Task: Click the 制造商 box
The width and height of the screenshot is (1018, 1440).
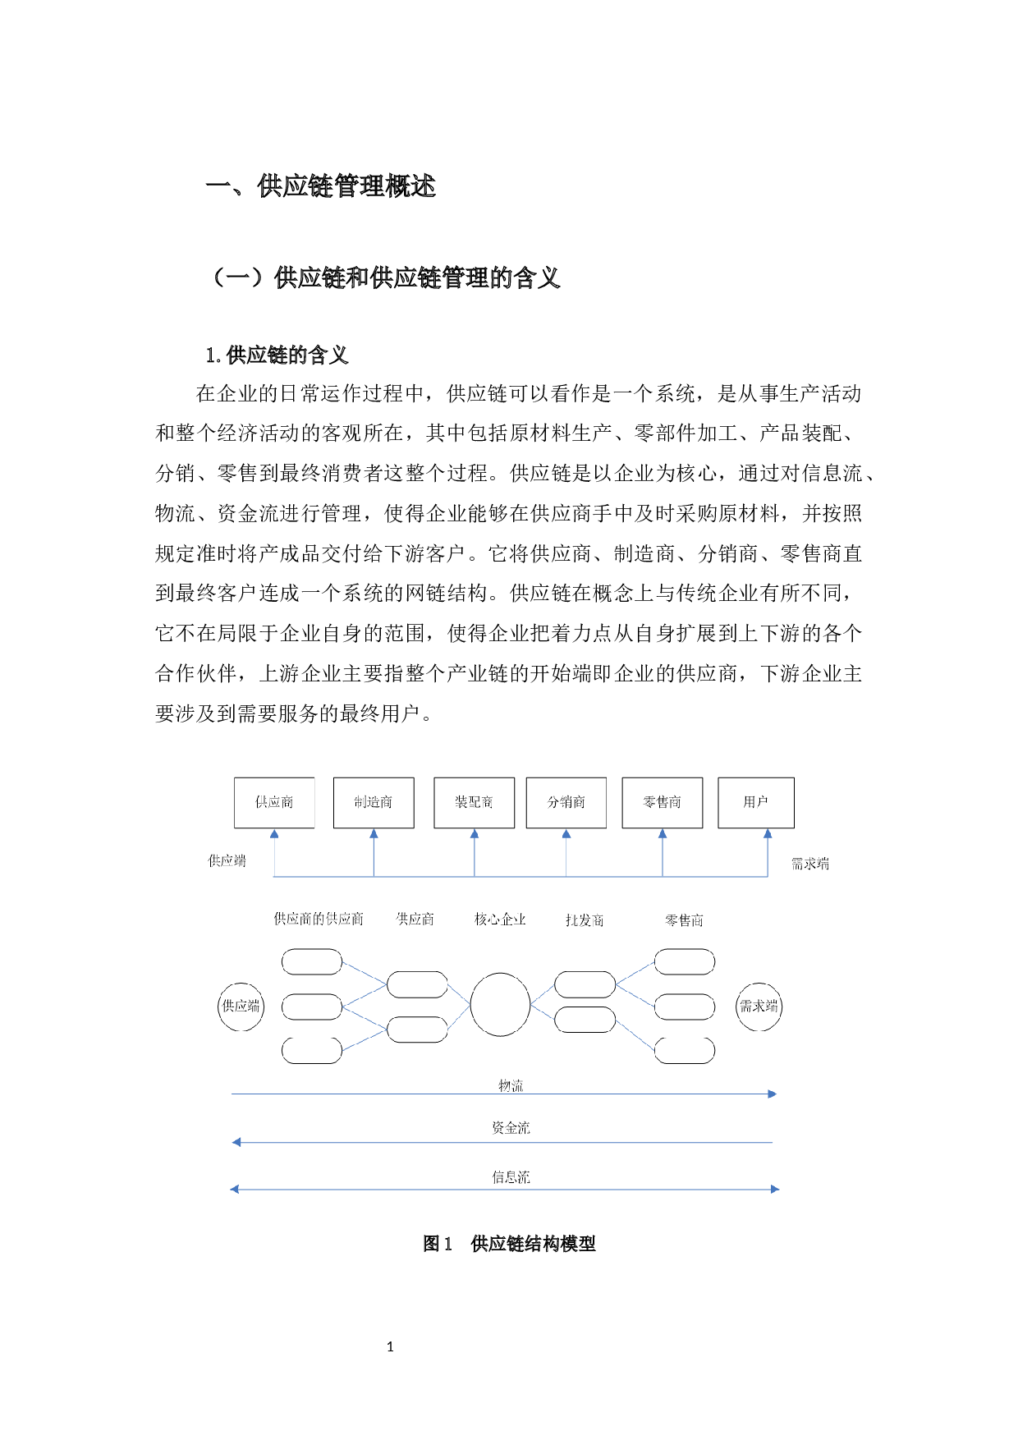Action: point(374,802)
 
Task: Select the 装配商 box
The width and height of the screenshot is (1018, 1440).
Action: point(474,802)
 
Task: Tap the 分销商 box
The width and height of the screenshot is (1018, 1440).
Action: point(566,802)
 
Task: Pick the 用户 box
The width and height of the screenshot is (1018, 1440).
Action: point(755,802)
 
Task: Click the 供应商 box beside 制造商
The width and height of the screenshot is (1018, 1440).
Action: point(274,802)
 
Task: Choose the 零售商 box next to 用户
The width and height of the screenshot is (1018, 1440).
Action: point(662,802)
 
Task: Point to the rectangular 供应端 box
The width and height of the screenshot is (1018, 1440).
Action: point(227,861)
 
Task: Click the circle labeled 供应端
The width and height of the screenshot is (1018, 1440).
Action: point(241,1007)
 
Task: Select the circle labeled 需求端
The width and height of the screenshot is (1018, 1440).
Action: point(759,1007)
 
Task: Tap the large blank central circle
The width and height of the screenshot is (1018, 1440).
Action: point(500,1004)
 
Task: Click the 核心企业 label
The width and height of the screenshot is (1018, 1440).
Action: point(500,919)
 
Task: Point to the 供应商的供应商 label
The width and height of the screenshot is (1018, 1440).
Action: point(319,919)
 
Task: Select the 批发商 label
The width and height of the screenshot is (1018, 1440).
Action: point(585,921)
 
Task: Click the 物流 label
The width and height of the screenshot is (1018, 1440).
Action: point(511,1087)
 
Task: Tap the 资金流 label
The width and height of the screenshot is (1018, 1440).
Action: point(511,1129)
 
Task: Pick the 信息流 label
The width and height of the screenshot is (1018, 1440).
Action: point(511,1178)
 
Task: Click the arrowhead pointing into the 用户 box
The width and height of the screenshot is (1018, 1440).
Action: point(768,834)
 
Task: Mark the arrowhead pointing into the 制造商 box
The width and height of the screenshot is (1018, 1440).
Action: point(374,834)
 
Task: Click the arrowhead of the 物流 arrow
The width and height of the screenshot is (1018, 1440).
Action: point(772,1094)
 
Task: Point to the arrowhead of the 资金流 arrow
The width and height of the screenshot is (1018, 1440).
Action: point(236,1142)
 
